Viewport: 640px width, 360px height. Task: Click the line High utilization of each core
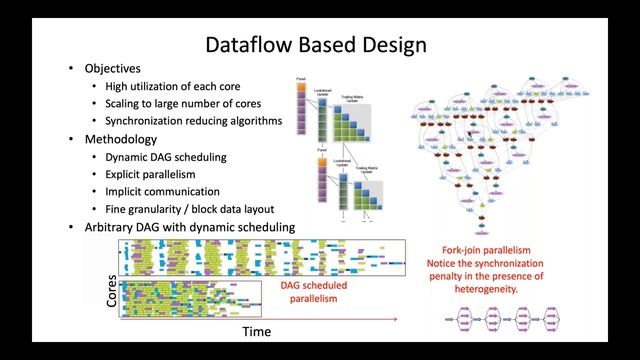(x=180, y=87)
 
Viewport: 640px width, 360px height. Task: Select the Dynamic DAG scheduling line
(x=165, y=157)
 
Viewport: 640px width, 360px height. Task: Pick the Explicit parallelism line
(x=155, y=174)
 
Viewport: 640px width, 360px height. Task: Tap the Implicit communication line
(x=162, y=191)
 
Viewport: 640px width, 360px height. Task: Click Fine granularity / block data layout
(x=196, y=209)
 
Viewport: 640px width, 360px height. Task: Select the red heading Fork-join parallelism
(x=486, y=250)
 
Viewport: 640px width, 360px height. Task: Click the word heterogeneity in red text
(x=486, y=289)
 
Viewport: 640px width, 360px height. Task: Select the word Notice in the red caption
(x=443, y=263)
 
